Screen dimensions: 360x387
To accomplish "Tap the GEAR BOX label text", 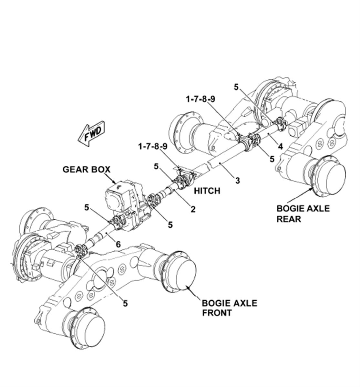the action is tap(86, 170).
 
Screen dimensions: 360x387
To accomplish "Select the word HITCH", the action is tap(207, 191).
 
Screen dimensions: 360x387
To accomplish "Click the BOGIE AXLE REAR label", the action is tap(303, 214).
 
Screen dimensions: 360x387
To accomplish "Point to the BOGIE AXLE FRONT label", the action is tap(230, 308).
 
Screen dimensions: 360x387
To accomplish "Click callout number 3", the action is tap(237, 181).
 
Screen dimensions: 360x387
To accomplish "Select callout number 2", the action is tap(193, 209).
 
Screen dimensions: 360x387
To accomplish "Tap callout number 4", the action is tap(280, 147).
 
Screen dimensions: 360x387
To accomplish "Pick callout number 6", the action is tap(118, 245).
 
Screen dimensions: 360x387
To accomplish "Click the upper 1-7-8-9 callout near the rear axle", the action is tap(201, 99).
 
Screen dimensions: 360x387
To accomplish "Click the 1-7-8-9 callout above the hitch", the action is tap(153, 146).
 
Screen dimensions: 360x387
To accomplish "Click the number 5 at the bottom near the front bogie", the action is tap(126, 303).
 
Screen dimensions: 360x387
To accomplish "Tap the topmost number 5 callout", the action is tap(236, 87).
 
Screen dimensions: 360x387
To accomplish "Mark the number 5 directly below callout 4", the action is tap(272, 159).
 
